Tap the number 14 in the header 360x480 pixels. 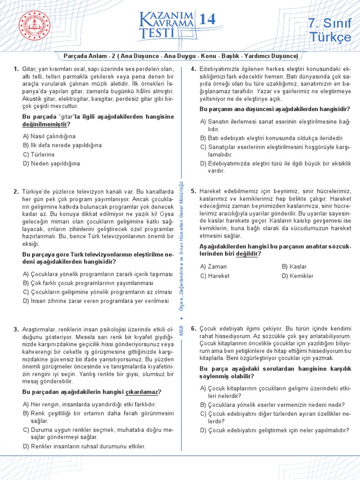coord(207,19)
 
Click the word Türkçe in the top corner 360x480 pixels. coord(330,37)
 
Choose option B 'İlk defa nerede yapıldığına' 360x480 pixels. coord(62,145)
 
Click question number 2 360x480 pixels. coord(16,191)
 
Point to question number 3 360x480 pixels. coord(16,329)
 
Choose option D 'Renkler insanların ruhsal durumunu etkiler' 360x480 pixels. coord(84,446)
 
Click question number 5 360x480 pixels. coord(193,191)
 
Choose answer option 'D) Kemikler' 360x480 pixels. coord(298,276)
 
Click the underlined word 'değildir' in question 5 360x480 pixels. coord(247,254)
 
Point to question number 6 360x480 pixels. coord(193,329)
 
